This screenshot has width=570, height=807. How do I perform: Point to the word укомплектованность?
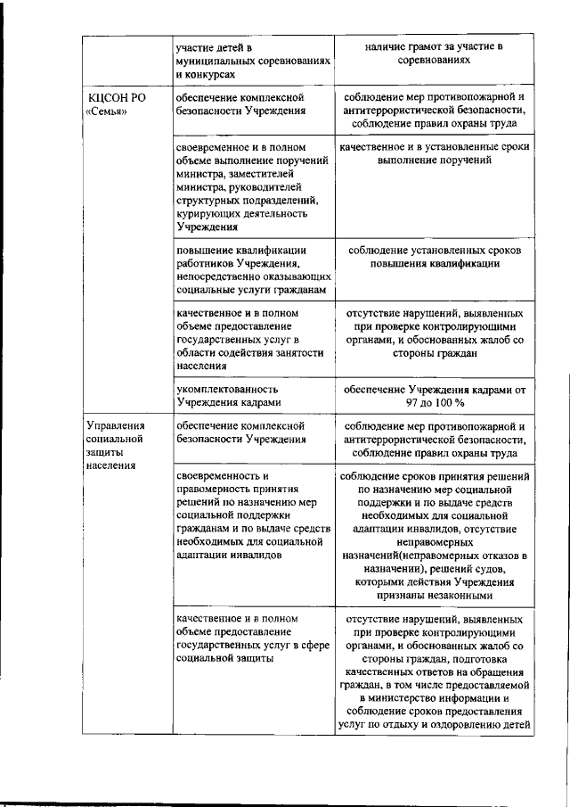point(227,389)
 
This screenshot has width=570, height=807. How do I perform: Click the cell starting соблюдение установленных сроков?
point(436,257)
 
